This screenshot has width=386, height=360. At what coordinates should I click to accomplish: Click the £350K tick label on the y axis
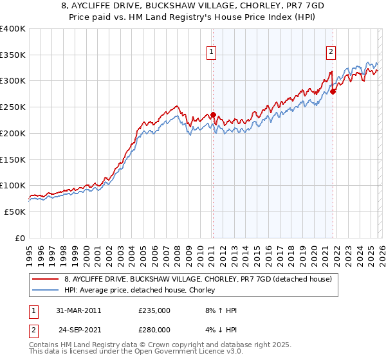(x=13, y=55)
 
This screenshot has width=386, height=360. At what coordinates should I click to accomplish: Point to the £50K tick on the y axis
(x=15, y=212)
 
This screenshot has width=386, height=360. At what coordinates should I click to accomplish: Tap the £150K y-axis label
(x=13, y=159)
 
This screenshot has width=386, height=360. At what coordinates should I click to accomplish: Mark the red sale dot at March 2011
(x=213, y=115)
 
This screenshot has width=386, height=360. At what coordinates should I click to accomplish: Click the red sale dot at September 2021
(x=333, y=92)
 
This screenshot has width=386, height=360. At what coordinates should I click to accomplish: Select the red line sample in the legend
(x=46, y=279)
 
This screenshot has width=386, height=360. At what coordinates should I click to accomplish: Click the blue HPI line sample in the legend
(x=46, y=291)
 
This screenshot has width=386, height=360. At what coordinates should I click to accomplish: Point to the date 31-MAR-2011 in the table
(x=79, y=310)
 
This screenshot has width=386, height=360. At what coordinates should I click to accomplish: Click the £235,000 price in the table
(x=154, y=310)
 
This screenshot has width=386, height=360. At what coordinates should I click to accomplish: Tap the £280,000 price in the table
(x=154, y=330)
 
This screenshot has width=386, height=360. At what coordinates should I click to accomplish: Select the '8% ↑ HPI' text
(x=217, y=310)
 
